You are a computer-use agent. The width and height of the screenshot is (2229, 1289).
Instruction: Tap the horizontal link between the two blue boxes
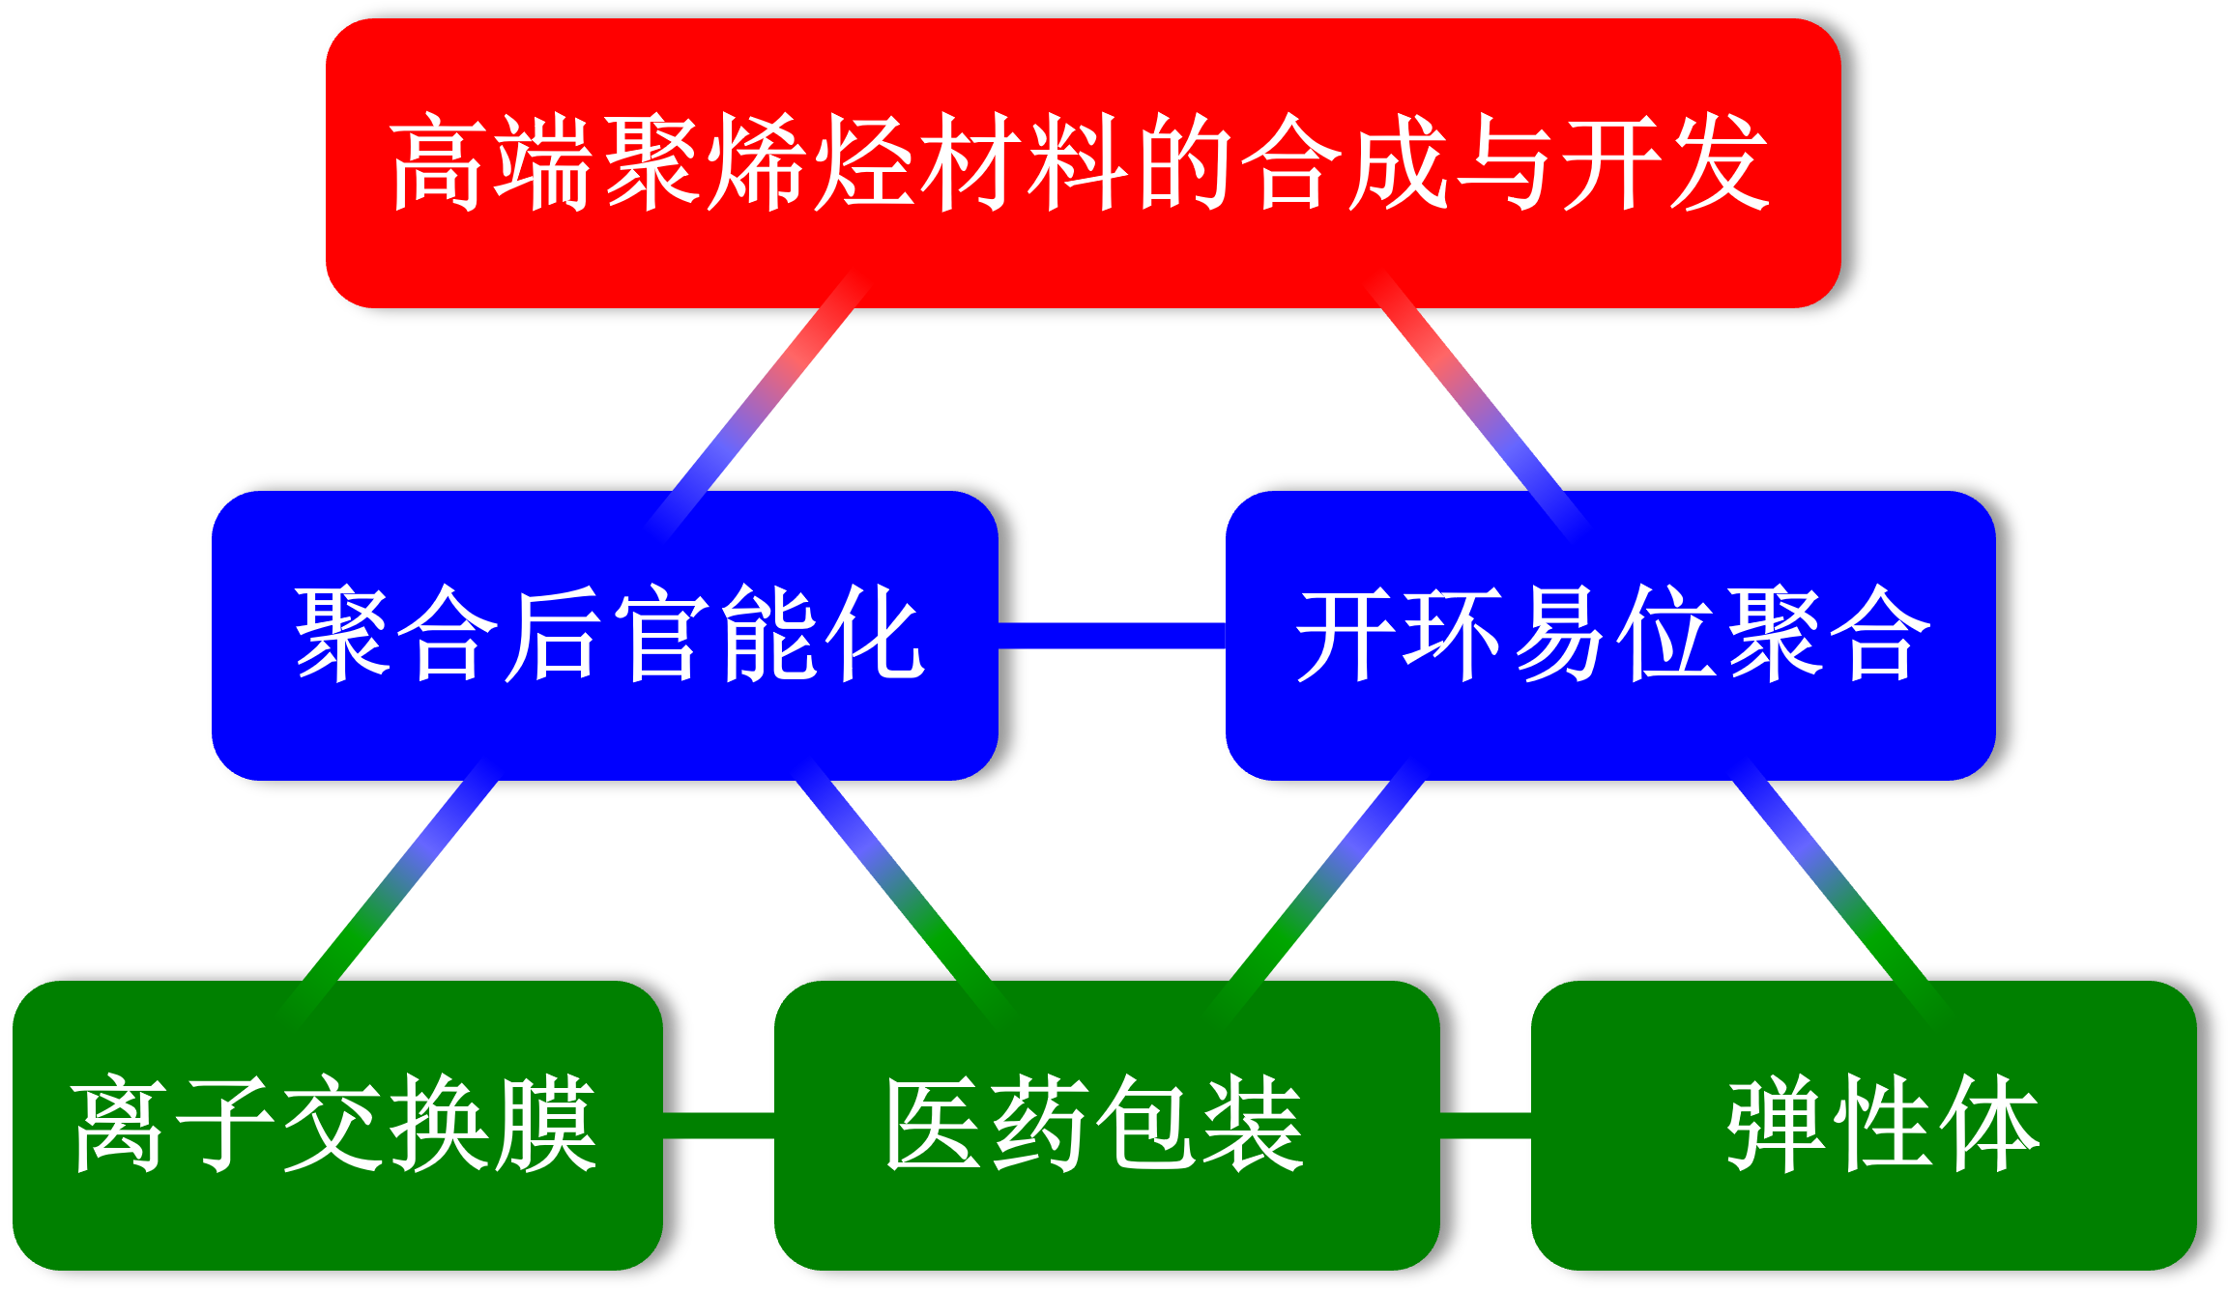pyautogui.click(x=1112, y=635)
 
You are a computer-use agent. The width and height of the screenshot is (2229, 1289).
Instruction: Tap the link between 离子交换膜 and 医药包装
pyautogui.click(x=718, y=1125)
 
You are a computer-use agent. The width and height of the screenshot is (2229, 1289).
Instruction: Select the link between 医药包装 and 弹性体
pyautogui.click(x=1485, y=1125)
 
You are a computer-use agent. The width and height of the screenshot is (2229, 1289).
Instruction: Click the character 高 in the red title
pyautogui.click(x=437, y=162)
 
